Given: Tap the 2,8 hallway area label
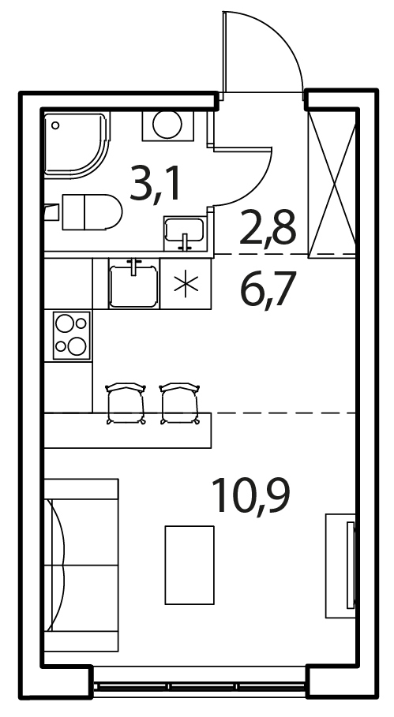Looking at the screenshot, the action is pos(268,226).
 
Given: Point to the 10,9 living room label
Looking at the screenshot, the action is pos(251,495).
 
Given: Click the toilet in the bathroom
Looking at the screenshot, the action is pos(92,212).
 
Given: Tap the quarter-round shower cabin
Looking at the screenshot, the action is pos(77,145).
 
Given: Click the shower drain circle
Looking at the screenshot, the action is pos(55,125).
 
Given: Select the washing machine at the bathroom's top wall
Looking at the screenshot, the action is pos(168,125).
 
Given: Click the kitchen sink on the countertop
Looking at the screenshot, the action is pos(133,282).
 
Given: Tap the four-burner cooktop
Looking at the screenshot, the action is pos(72,335).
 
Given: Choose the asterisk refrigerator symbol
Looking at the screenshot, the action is pos(186,283).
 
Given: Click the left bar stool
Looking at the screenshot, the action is pos(126,403).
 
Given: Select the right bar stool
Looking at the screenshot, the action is pos(180,403).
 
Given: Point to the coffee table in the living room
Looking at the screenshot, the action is pos(189,566).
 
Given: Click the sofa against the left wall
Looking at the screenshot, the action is pos(81,566).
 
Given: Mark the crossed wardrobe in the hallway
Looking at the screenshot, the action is pos(332,184).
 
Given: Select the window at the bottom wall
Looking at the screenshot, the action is pos(200,687).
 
